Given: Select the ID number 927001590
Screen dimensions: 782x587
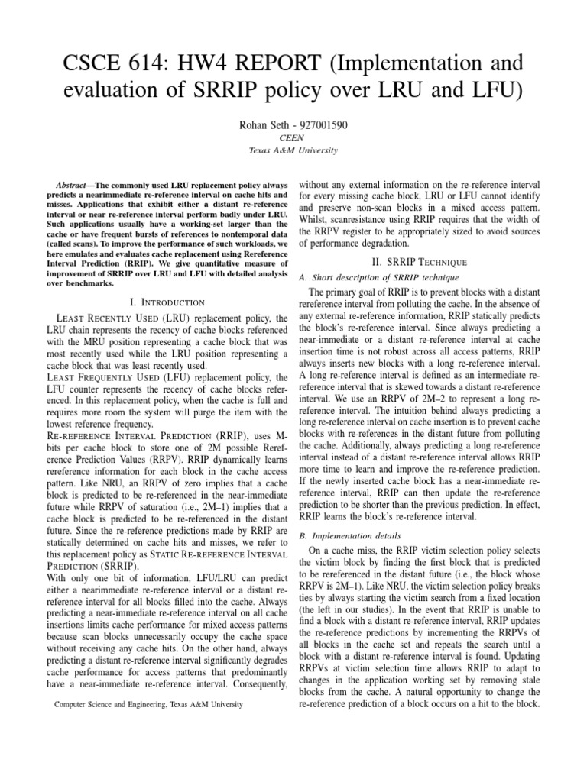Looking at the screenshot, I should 323,124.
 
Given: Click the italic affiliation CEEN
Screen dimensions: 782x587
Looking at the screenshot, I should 293,138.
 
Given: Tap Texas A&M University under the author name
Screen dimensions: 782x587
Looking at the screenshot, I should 293,151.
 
